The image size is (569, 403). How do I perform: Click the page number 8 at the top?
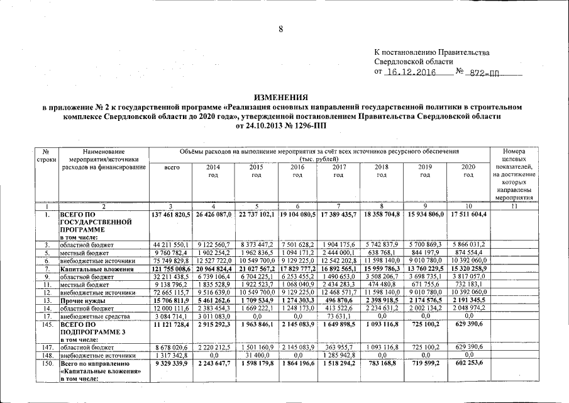(282, 29)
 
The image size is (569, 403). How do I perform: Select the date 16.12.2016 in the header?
(412, 72)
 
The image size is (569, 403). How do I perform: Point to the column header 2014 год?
(213, 171)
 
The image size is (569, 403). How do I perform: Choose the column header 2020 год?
(468, 171)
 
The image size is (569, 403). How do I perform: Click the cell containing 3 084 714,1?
(171, 317)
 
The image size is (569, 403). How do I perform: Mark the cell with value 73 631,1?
(339, 317)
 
